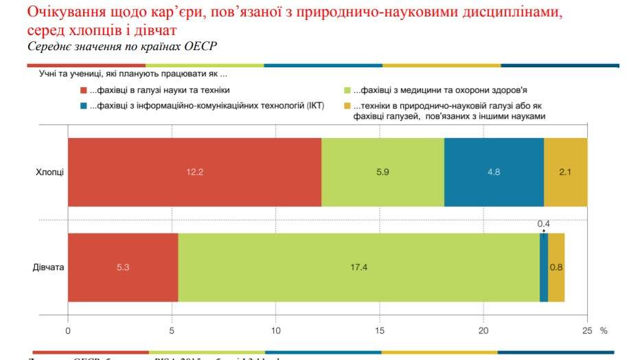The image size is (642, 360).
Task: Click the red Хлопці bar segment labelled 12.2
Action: point(194,172)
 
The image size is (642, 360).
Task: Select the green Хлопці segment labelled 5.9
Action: point(382,172)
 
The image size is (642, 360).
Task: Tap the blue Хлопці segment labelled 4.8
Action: point(494,172)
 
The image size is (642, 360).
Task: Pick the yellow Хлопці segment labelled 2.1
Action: point(565,172)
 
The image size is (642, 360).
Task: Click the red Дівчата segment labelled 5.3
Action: point(123,267)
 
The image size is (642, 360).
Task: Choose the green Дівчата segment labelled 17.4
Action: point(358,267)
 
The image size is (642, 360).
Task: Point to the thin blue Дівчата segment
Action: point(544,267)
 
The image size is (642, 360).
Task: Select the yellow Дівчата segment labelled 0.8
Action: point(556,267)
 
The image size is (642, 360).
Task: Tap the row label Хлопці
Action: point(49,172)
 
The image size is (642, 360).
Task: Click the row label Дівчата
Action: point(48,267)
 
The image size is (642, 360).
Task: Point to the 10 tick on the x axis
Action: point(276,330)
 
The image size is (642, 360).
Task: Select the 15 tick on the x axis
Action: point(380,330)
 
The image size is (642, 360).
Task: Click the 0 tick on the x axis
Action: point(68,330)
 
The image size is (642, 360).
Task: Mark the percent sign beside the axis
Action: point(604,330)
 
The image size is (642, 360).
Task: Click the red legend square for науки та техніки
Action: point(83,90)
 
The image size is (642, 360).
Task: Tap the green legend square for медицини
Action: point(347,90)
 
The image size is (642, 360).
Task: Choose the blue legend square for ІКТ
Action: point(83,106)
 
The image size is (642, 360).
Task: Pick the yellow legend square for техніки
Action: point(347,106)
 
